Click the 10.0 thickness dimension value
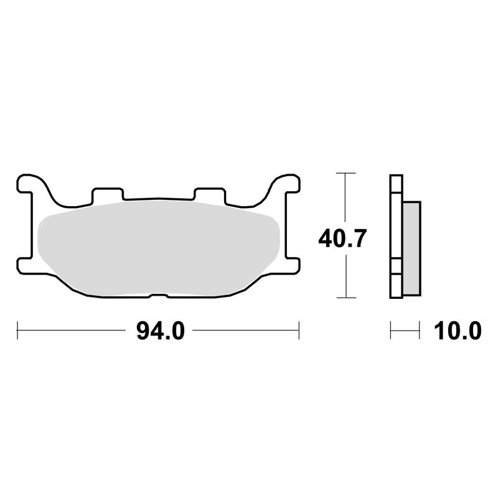coord(457,331)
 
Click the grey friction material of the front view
coord(156,249)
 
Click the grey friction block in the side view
coord(411,249)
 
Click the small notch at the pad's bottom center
coord(158,295)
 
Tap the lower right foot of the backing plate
coord(290,265)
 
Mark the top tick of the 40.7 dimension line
coord(345,173)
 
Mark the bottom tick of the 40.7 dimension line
coord(345,298)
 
